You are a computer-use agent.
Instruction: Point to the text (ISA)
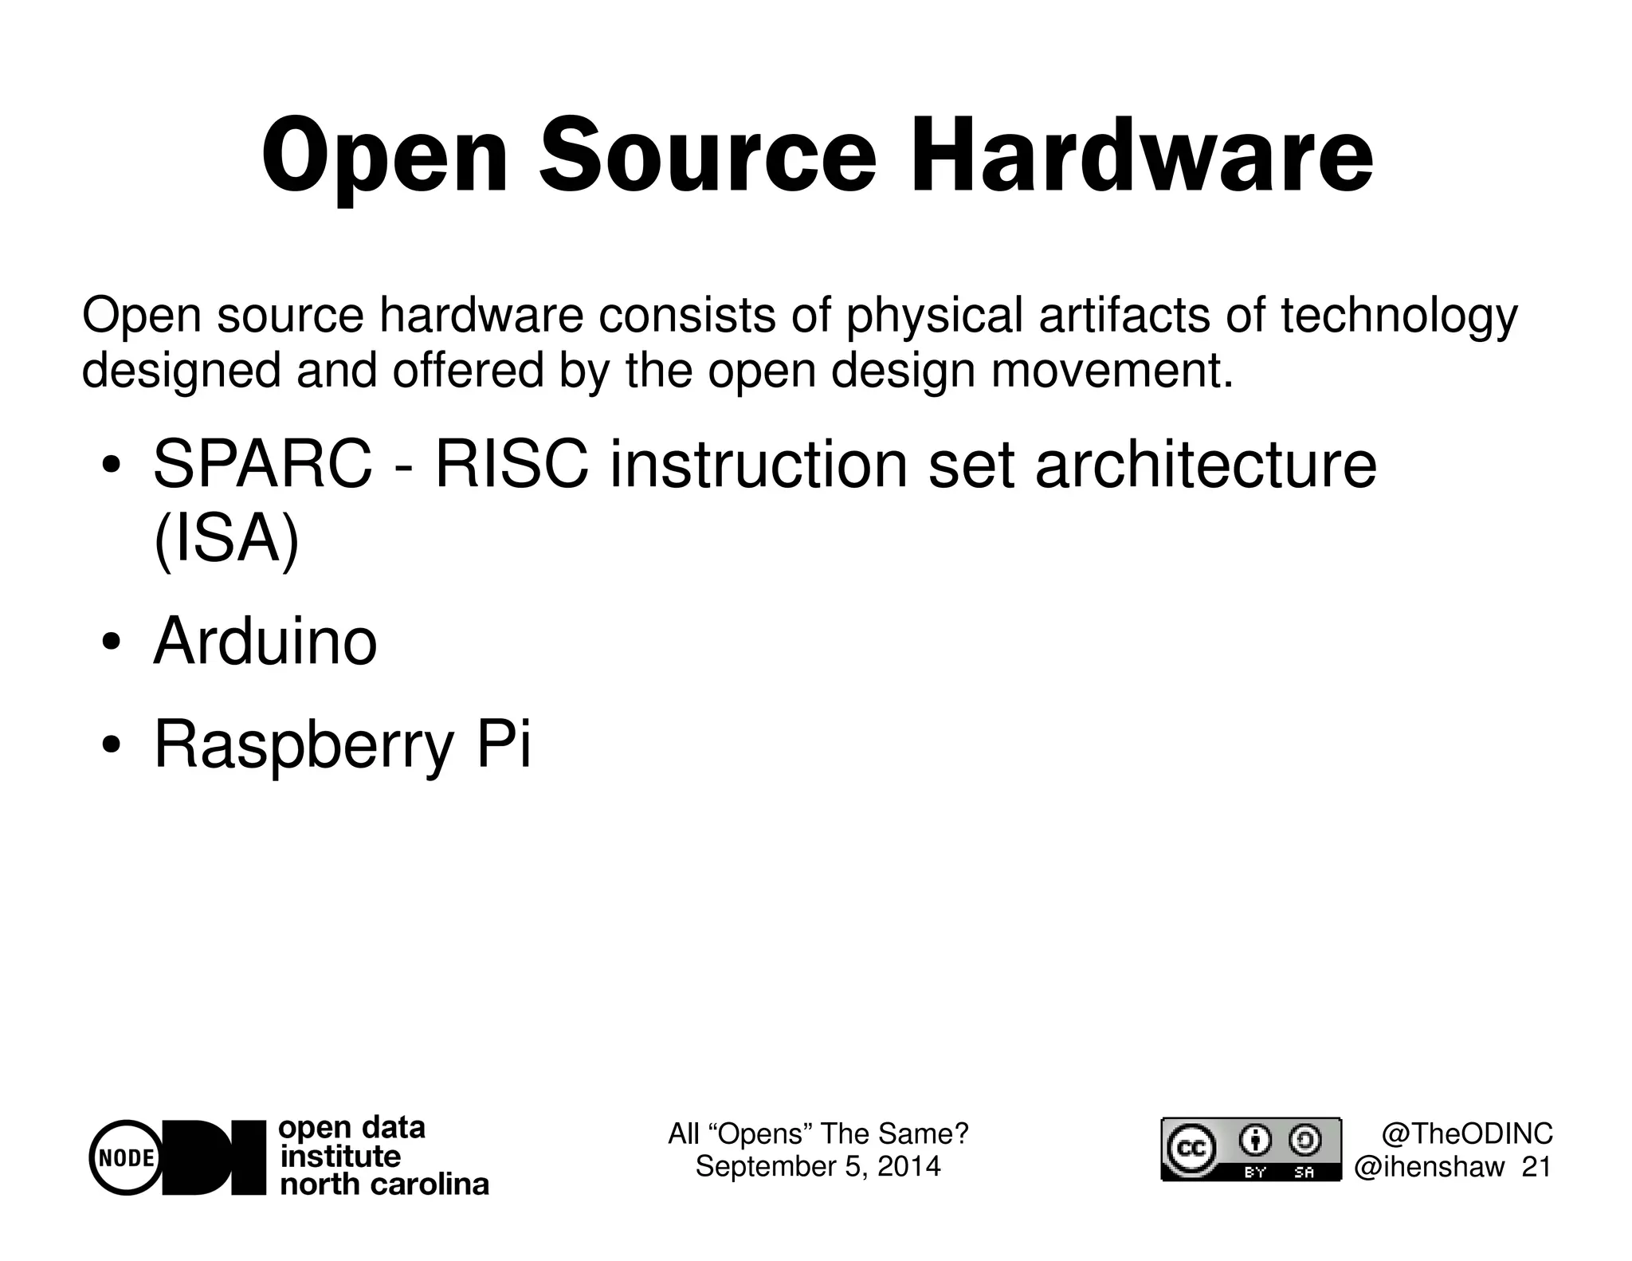tap(226, 540)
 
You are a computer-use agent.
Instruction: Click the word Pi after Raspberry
tap(503, 744)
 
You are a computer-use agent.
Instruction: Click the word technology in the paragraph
tap(1399, 316)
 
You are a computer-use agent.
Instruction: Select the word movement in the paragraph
tap(1112, 371)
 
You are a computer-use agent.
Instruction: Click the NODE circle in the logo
tap(126, 1157)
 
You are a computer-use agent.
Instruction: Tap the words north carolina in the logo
tap(384, 1184)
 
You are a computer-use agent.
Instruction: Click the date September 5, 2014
tap(818, 1166)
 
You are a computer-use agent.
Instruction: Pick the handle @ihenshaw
tap(1430, 1167)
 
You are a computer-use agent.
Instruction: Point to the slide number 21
tap(1536, 1167)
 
